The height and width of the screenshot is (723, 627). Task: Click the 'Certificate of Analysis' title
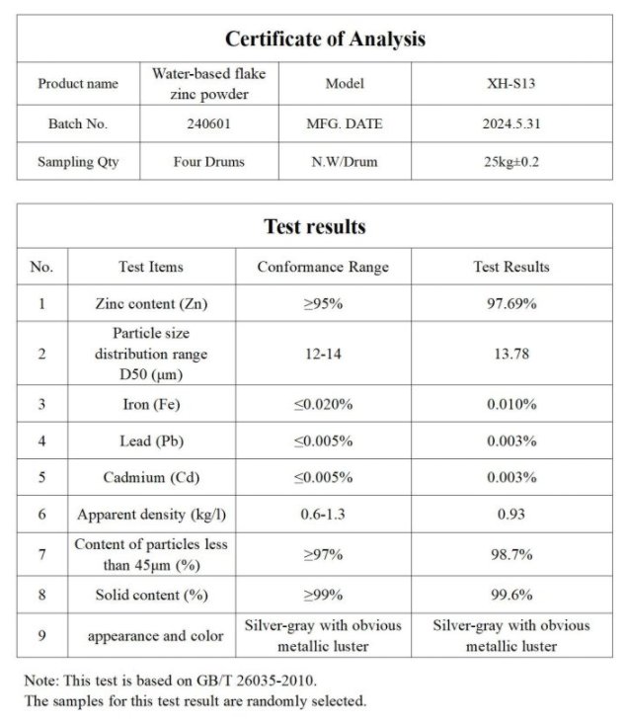click(325, 40)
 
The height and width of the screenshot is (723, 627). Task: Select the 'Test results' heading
click(314, 226)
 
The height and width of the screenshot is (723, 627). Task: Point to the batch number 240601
click(208, 124)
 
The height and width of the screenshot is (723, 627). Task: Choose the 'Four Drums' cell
click(208, 161)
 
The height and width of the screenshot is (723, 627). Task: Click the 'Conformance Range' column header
click(323, 267)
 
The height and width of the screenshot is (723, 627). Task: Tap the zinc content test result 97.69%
click(510, 303)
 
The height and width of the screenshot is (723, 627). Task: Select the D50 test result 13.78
click(510, 354)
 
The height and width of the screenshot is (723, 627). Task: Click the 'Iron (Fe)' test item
click(151, 404)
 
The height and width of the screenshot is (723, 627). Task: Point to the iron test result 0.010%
click(510, 404)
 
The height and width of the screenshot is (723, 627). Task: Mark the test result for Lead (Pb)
click(510, 441)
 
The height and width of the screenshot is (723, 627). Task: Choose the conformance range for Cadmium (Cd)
click(323, 478)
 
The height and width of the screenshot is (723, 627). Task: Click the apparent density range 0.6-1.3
click(323, 515)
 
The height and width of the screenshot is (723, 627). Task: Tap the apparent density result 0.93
click(510, 515)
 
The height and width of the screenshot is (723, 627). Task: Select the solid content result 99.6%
click(510, 596)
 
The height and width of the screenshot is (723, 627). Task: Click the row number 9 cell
click(41, 636)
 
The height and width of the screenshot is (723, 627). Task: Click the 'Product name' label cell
click(78, 84)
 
